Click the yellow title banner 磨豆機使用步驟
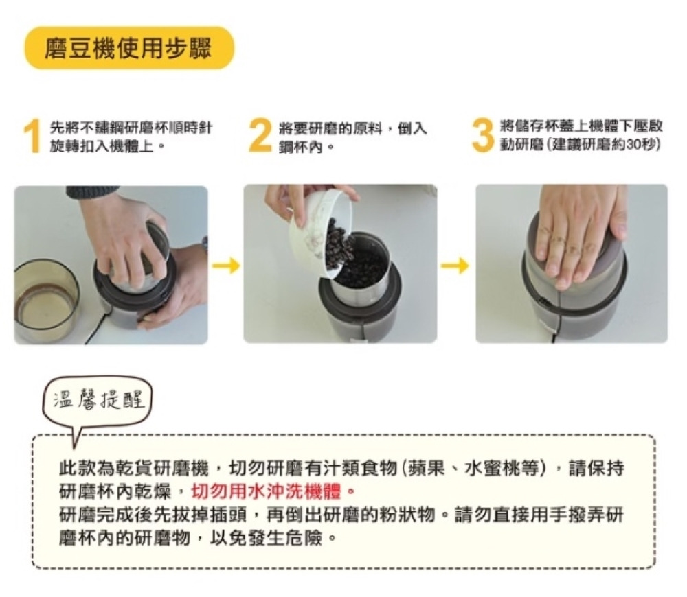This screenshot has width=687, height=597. pyautogui.click(x=129, y=48)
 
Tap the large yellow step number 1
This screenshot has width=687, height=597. pyautogui.click(x=33, y=137)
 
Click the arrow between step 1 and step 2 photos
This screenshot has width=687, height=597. pyautogui.click(x=227, y=266)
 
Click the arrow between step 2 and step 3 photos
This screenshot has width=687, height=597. pyautogui.click(x=455, y=266)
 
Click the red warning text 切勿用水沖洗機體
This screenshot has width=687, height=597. pyautogui.click(x=267, y=492)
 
